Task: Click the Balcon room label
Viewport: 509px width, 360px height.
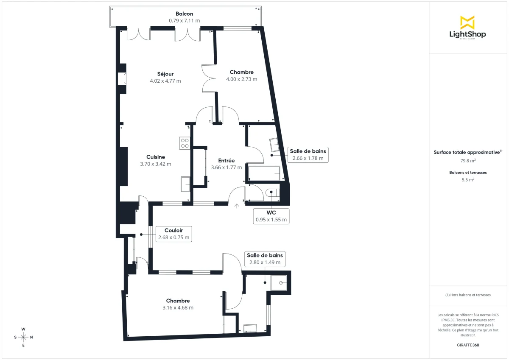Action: tap(185, 14)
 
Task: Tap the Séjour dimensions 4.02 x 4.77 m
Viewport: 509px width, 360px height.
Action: tap(165, 81)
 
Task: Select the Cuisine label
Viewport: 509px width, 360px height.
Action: tap(156, 157)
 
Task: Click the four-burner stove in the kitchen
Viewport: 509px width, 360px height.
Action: tap(185, 143)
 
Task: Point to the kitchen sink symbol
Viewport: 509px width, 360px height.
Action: tap(185, 184)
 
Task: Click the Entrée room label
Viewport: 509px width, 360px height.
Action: tap(226, 161)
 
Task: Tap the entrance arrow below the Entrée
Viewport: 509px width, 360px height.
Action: tap(237, 206)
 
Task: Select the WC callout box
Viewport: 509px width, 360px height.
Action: tap(271, 216)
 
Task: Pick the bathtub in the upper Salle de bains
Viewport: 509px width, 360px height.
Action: tap(264, 173)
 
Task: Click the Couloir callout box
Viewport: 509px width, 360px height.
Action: tap(173, 234)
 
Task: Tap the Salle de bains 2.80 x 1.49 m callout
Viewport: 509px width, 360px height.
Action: tap(265, 259)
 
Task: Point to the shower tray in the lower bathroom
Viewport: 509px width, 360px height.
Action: tap(279, 282)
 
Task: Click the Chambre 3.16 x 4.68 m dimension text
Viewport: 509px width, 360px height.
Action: tap(178, 308)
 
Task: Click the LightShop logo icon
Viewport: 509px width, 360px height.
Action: tap(467, 22)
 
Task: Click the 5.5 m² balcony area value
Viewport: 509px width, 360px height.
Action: tap(468, 180)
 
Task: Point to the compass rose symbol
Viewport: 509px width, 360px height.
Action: tap(23, 337)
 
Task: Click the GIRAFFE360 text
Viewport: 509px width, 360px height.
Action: tap(468, 345)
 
